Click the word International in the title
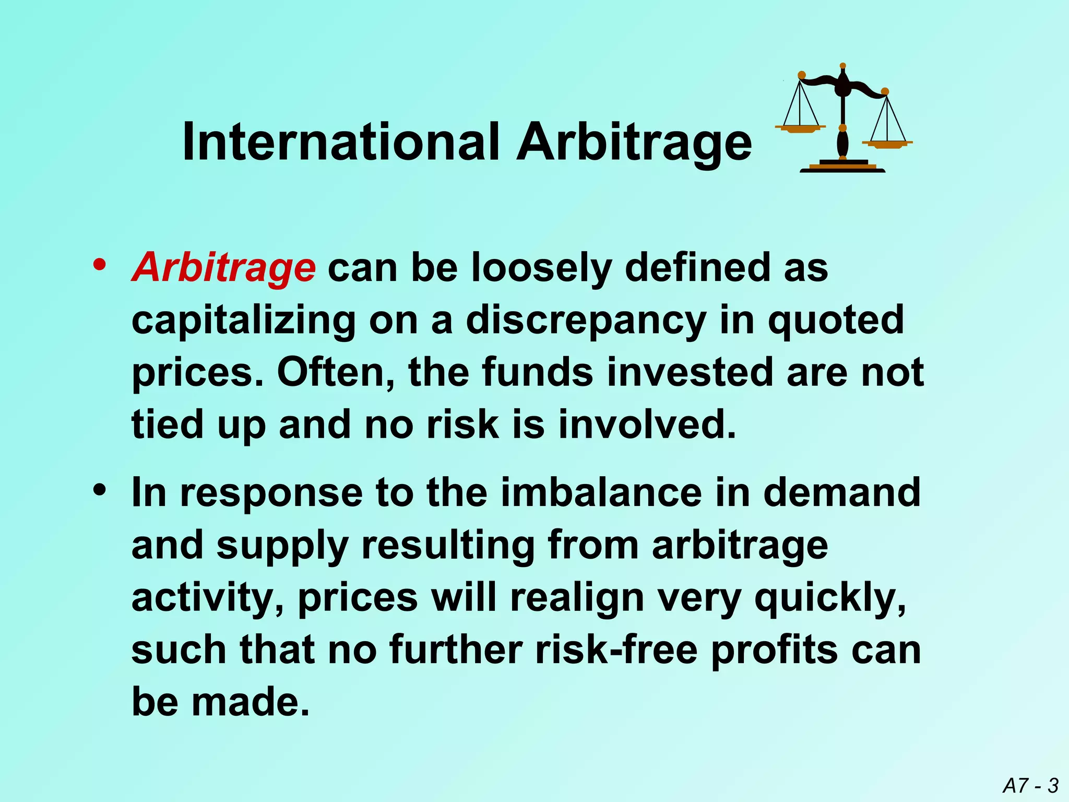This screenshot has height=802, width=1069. coord(340,142)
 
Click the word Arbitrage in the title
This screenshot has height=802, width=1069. coord(634,142)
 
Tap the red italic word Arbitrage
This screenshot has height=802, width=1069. coord(223,267)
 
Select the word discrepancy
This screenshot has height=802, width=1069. coord(586,321)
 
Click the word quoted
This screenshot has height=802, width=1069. coord(835,321)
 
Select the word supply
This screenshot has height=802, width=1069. coord(282,547)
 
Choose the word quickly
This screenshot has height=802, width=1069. coord(830,598)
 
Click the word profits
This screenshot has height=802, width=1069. coord(775,651)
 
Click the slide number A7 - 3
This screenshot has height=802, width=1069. coord(1030,785)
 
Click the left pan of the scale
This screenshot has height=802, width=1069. coord(800,128)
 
